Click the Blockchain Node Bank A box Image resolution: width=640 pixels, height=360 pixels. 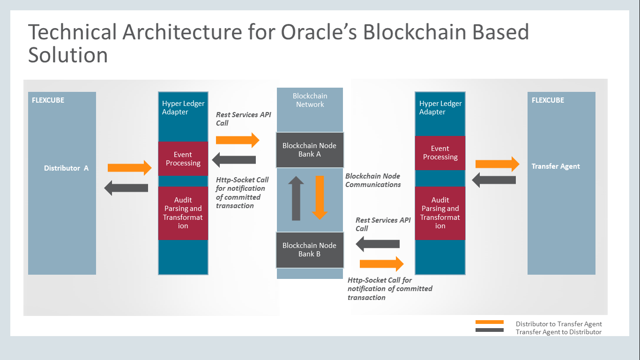pyautogui.click(x=310, y=150)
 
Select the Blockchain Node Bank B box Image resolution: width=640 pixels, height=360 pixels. pyautogui.click(x=310, y=250)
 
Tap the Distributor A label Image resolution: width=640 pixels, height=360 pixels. pyautogui.click(x=66, y=168)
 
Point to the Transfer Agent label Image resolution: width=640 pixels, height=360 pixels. pyautogui.click(x=556, y=166)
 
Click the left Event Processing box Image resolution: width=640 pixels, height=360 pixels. pyautogui.click(x=183, y=159)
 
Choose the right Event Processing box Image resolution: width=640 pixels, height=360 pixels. pyautogui.click(x=440, y=153)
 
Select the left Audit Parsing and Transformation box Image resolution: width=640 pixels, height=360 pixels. pyautogui.click(x=183, y=213)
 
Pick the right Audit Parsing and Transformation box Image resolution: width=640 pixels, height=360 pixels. pyautogui.click(x=440, y=213)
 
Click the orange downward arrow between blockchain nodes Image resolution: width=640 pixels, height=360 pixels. pyautogui.click(x=320, y=198)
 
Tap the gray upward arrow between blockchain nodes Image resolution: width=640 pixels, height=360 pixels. pyautogui.click(x=296, y=198)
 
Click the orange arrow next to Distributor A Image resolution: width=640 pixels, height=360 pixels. pyautogui.click(x=130, y=167)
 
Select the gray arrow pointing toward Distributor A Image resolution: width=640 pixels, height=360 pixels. pyautogui.click(x=126, y=188)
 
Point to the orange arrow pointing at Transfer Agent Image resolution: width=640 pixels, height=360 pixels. pyautogui.click(x=498, y=164)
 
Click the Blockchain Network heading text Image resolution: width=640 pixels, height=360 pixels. pyautogui.click(x=310, y=100)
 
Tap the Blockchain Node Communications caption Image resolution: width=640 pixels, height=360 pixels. pyautogui.click(x=373, y=180)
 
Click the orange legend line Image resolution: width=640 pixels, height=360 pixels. pyautogui.click(x=490, y=322)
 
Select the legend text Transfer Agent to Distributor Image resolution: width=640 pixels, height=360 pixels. pyautogui.click(x=558, y=332)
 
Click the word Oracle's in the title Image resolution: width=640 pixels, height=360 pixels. pyautogui.click(x=319, y=32)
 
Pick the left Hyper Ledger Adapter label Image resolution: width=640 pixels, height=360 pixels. pyautogui.click(x=183, y=107)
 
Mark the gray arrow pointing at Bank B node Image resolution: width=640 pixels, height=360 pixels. pyautogui.click(x=378, y=244)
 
